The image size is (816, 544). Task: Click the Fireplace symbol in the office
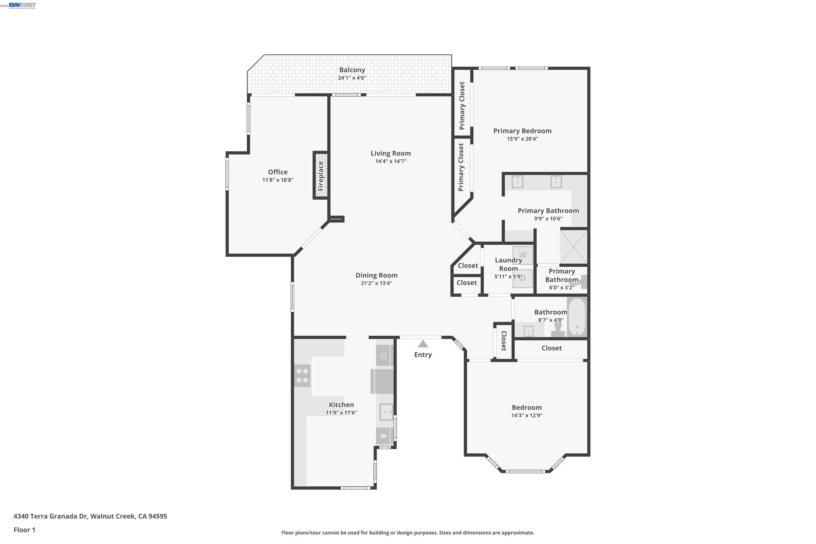click(321, 175)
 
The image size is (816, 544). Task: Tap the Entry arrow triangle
click(423, 344)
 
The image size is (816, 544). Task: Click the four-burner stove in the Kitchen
click(302, 376)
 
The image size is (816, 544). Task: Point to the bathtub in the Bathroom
click(576, 317)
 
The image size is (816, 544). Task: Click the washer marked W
click(523, 255)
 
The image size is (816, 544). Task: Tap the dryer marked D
click(523, 278)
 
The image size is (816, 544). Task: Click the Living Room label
click(390, 153)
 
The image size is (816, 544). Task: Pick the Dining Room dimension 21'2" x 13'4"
click(376, 283)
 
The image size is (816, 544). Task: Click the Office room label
click(277, 172)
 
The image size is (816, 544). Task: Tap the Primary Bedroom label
click(522, 131)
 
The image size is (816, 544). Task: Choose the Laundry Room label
click(508, 264)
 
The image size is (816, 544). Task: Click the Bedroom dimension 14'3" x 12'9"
click(526, 415)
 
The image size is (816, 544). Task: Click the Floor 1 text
click(24, 530)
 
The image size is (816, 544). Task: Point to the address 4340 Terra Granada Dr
click(90, 516)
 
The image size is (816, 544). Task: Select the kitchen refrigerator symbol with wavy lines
click(383, 355)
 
